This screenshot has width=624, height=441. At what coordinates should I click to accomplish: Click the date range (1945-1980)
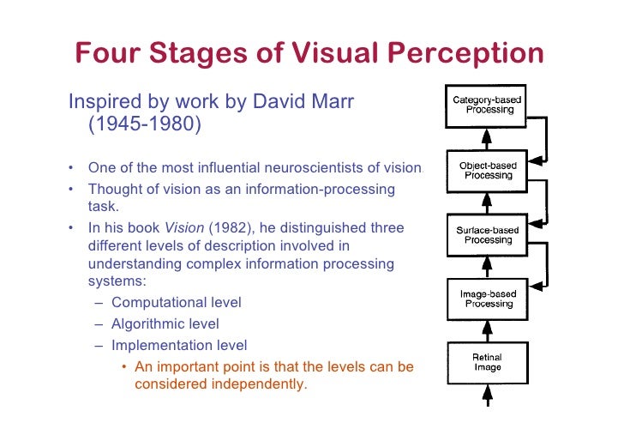[x=145, y=126]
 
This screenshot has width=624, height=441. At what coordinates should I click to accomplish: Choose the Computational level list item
[x=176, y=302]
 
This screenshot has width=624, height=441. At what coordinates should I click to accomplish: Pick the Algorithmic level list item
[x=165, y=323]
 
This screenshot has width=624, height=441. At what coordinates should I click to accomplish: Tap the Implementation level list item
[x=178, y=345]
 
